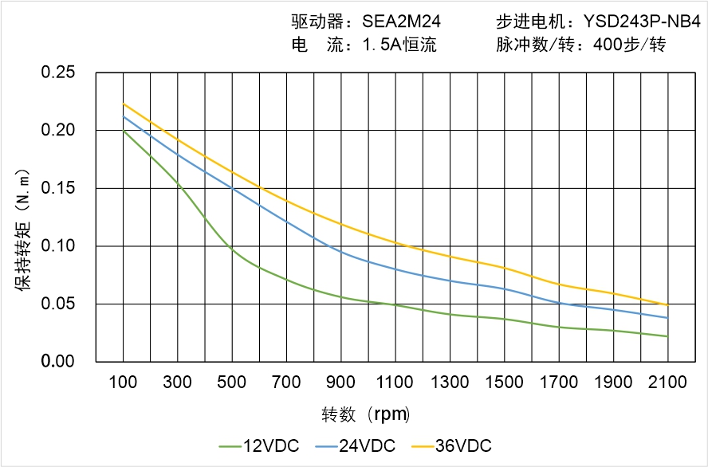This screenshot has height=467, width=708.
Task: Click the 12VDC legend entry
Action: point(258,445)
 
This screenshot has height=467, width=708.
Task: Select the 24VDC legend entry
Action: point(355,445)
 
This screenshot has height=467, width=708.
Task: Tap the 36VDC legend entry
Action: point(450,445)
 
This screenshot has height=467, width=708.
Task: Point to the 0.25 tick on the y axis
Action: point(57,73)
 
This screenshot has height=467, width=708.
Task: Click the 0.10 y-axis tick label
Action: point(57,246)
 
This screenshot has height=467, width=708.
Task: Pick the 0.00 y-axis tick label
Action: point(57,362)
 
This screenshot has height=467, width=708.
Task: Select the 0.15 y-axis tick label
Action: point(57,188)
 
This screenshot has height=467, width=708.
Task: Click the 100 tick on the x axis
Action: point(123,383)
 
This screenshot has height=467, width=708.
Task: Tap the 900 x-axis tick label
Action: point(341,383)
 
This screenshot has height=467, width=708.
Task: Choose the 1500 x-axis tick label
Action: point(505,383)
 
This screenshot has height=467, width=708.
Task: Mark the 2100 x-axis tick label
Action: point(667,383)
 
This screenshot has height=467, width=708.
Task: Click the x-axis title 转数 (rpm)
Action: point(366,414)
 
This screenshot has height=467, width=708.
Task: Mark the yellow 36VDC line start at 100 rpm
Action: point(123,104)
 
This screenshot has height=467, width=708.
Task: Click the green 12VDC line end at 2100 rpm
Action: point(667,336)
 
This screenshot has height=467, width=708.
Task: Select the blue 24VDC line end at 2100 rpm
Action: point(667,318)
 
